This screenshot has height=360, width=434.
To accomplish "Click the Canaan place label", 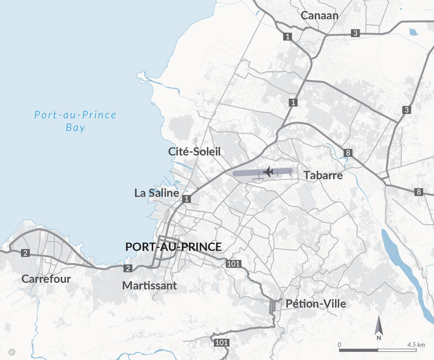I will tap(319, 15).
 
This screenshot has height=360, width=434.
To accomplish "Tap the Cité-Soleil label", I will tap(194, 152).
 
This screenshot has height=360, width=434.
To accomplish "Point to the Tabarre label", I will tap(323, 175).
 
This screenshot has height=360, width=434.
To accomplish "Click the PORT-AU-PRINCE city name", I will tap(173, 247).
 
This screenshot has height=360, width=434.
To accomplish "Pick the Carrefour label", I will tap(46, 279).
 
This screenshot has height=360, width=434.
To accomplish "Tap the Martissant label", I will tap(149, 286).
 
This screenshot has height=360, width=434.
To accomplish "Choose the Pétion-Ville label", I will tap(316, 304).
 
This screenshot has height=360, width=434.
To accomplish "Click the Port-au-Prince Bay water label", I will tap(75, 121).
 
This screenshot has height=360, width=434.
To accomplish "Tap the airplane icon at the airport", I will tap(268, 171).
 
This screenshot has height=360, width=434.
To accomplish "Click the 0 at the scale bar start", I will tap(339, 343).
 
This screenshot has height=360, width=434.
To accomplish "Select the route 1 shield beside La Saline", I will tap(186, 199).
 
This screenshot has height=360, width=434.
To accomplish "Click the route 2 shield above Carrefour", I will tap(25, 253).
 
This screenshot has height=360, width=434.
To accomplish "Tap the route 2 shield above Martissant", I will tap(128, 268).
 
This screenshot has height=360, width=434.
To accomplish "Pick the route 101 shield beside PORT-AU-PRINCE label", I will tap(234, 264).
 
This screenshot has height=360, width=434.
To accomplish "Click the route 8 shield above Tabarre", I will tap(348, 153).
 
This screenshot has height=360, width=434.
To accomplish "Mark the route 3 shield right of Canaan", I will tap(355, 33).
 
